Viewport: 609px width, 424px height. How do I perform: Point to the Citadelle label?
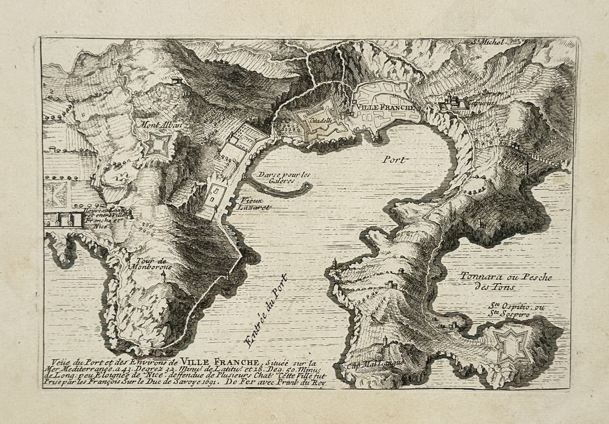[321, 120]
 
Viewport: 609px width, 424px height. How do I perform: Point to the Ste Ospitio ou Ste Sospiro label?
[509, 310]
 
